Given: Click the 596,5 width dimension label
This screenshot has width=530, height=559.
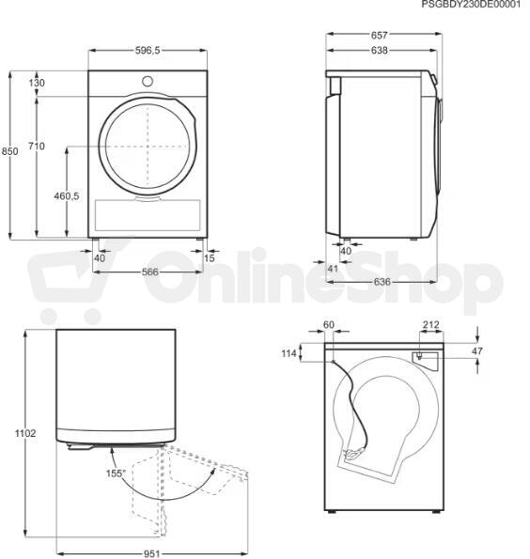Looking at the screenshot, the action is click(x=148, y=51).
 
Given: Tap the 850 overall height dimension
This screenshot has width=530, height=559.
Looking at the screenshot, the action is click(x=9, y=151).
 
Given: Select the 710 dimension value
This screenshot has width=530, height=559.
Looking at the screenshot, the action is click(x=37, y=146).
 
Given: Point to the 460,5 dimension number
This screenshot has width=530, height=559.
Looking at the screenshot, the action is click(x=67, y=195).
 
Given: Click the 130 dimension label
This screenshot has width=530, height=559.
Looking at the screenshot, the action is click(x=37, y=83).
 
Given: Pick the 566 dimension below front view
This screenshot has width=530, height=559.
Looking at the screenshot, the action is click(x=149, y=272).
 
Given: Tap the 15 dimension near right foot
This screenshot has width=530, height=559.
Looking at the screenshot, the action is click(x=210, y=257).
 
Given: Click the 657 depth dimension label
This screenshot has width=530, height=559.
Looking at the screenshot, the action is click(x=379, y=35).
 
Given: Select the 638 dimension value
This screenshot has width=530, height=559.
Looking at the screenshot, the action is click(x=379, y=51).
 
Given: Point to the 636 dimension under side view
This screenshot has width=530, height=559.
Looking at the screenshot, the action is click(x=382, y=282).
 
